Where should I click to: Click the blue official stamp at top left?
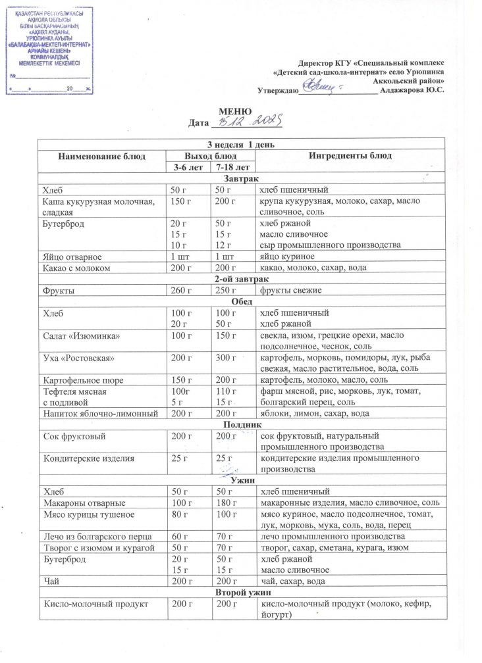click(x=49, y=50)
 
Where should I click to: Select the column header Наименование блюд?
click(x=101, y=156)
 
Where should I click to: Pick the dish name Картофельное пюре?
click(x=83, y=381)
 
